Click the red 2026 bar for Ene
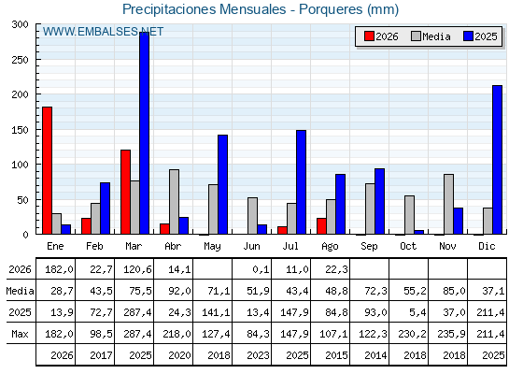click(47, 170)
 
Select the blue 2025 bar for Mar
click(145, 133)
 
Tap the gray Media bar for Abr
click(174, 202)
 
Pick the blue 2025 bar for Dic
click(497, 160)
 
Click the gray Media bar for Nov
click(448, 204)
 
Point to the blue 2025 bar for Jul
click(301, 182)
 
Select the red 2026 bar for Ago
click(321, 226)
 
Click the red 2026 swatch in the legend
click(369, 36)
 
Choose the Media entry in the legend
click(431, 36)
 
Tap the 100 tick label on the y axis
click(20, 165)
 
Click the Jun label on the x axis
click(251, 247)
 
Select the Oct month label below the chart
click(408, 247)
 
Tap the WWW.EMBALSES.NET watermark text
click(103, 32)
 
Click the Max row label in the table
click(20, 334)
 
